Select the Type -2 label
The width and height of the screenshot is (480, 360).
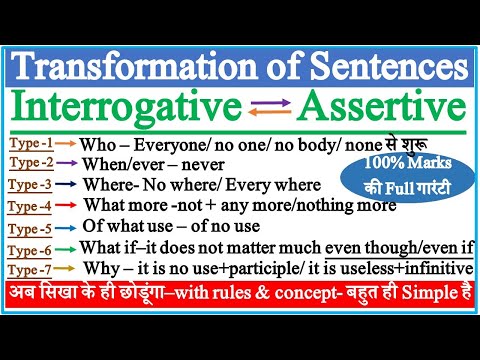(34, 164)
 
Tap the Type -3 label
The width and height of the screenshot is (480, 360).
(34, 185)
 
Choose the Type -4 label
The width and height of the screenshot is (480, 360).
(34, 206)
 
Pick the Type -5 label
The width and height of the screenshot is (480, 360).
(34, 228)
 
